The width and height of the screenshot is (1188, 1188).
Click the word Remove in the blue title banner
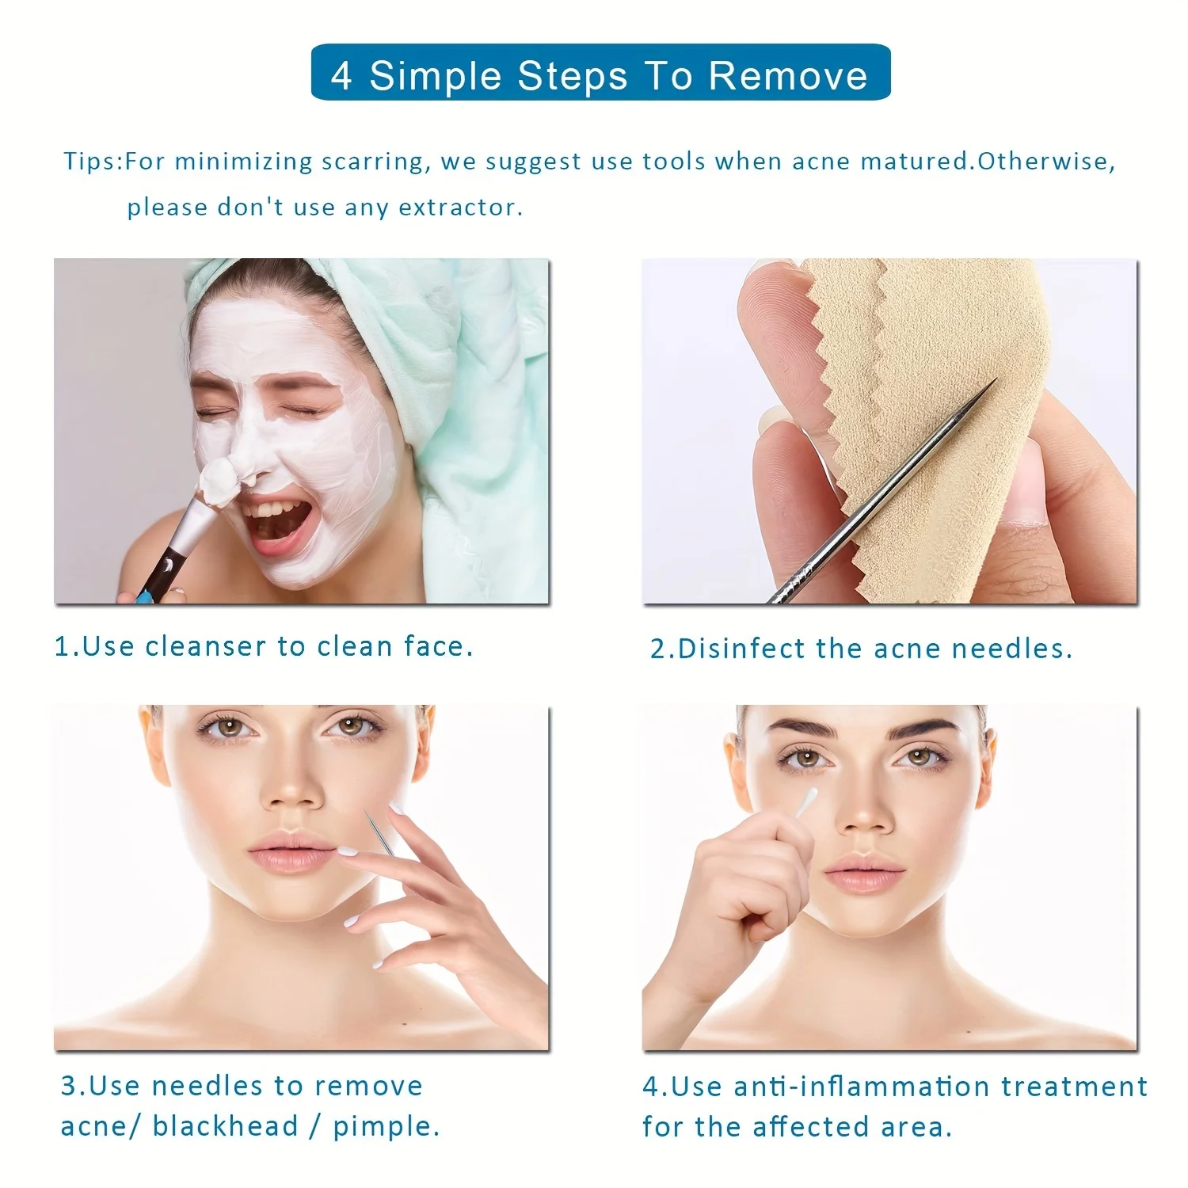787,76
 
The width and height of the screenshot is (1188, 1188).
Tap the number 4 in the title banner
341,76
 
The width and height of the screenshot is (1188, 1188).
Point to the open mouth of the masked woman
273,520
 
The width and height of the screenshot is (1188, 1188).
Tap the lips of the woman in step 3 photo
290,852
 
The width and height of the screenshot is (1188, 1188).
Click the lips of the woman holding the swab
863,874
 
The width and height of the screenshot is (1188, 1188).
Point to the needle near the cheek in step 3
379,832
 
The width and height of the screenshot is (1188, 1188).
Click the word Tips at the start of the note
90,162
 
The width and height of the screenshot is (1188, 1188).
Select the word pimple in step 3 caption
385,1125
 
